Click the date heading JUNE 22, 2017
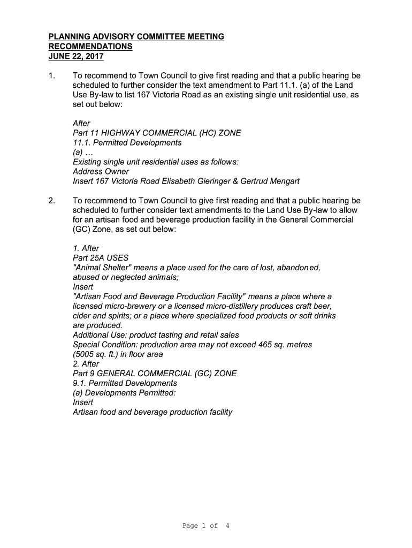click(x=76, y=56)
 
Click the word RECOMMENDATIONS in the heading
click(x=90, y=47)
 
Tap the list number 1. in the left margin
click(x=51, y=76)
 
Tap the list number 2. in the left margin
click(x=51, y=201)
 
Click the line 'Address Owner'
click(x=101, y=172)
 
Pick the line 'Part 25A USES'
click(x=101, y=258)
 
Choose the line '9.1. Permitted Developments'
click(x=125, y=383)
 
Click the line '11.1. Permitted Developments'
click(x=127, y=143)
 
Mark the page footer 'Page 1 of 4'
click(x=206, y=526)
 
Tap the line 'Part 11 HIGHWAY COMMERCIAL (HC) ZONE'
click(x=157, y=133)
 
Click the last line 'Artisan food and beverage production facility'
click(x=152, y=412)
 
